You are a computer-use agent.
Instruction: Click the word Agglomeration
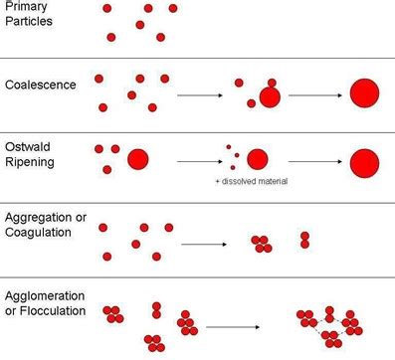[45, 295]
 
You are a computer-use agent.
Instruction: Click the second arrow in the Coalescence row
[314, 95]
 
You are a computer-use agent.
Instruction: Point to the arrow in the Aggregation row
[204, 243]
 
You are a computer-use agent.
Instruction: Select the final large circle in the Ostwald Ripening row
[365, 159]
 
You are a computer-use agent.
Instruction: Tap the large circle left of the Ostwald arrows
[137, 158]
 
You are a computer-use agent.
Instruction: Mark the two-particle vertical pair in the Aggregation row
[305, 240]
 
